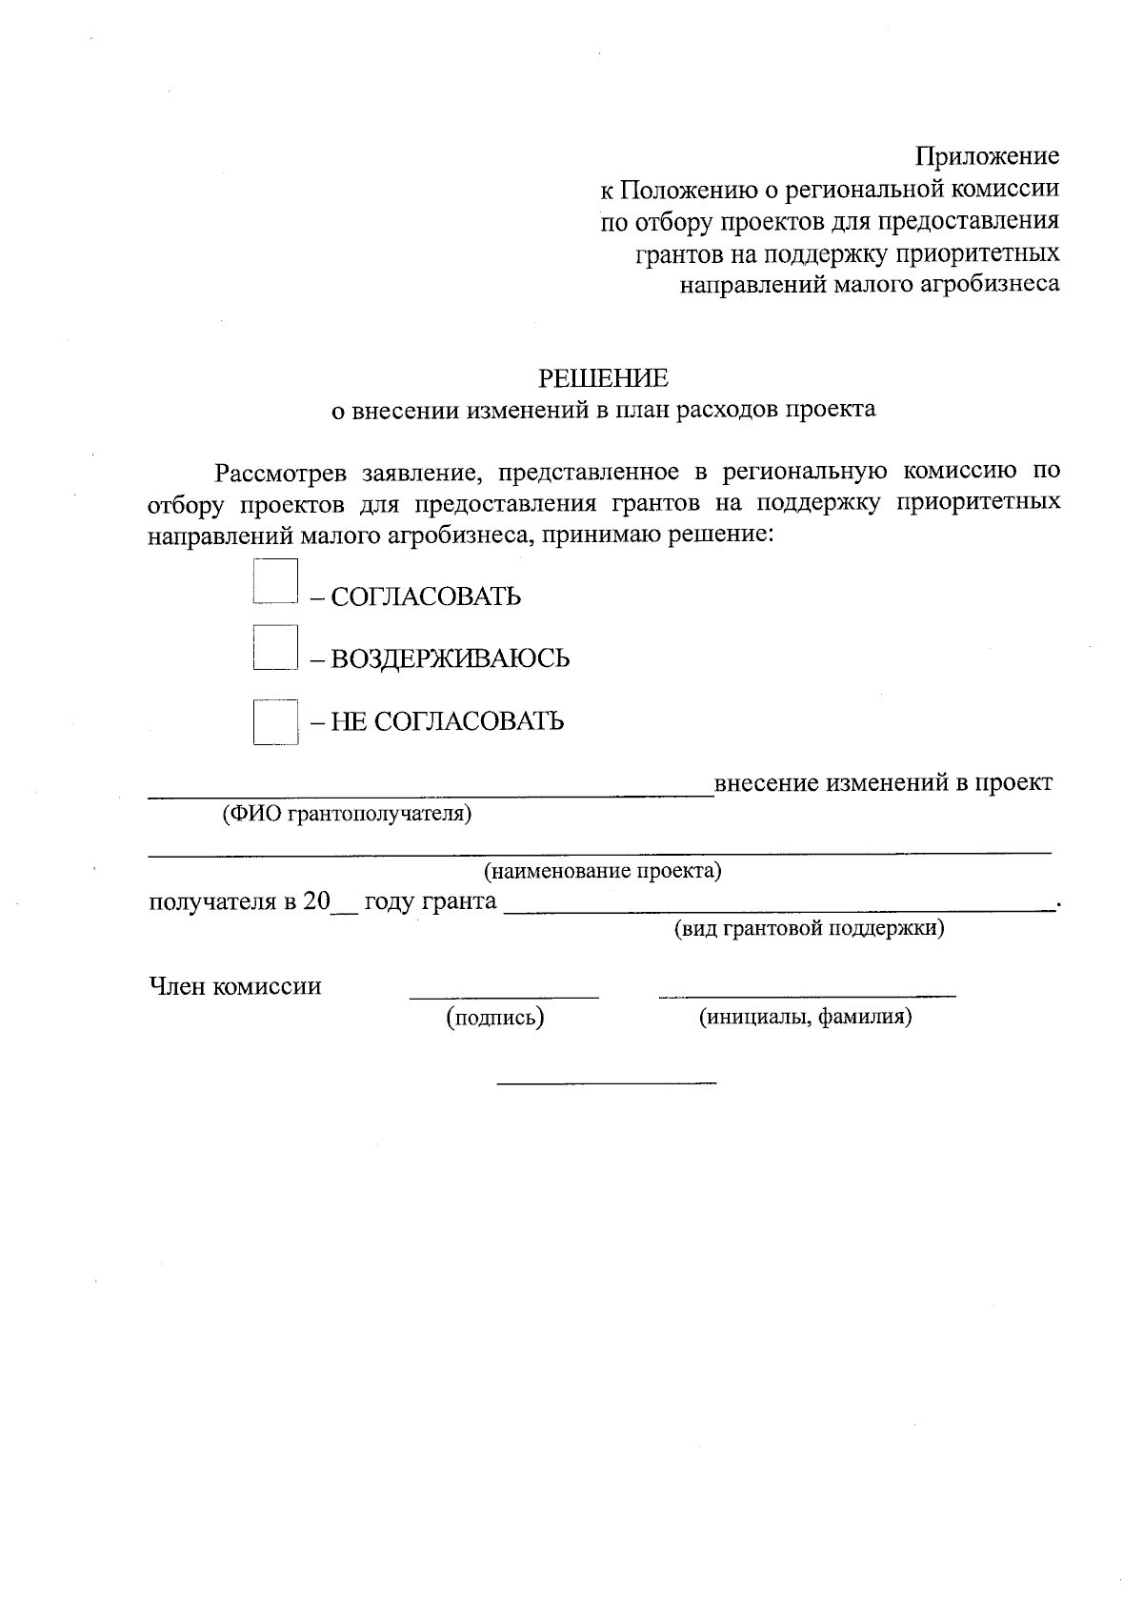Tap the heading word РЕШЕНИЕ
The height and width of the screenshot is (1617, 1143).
[x=603, y=378]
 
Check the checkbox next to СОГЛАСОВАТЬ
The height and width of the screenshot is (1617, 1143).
[x=275, y=581]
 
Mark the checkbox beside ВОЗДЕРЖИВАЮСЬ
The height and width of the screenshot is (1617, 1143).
[x=275, y=647]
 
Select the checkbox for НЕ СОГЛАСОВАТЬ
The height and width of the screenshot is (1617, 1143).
[x=275, y=721]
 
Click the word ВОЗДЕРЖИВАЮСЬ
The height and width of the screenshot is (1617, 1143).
[x=450, y=658]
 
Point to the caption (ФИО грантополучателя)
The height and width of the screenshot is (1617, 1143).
[x=347, y=814]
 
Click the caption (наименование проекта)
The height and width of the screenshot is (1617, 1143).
[x=602, y=870]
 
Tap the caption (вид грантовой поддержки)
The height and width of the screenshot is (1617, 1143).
[x=809, y=928]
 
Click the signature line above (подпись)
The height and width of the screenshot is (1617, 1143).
[x=504, y=996]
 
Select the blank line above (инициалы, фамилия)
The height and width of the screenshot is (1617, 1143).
[x=807, y=995]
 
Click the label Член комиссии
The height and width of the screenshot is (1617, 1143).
[x=235, y=986]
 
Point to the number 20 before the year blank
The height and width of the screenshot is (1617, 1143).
[x=315, y=901]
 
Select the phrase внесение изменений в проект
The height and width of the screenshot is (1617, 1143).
[x=883, y=783]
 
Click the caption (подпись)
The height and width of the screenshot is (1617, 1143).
[x=495, y=1018]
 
